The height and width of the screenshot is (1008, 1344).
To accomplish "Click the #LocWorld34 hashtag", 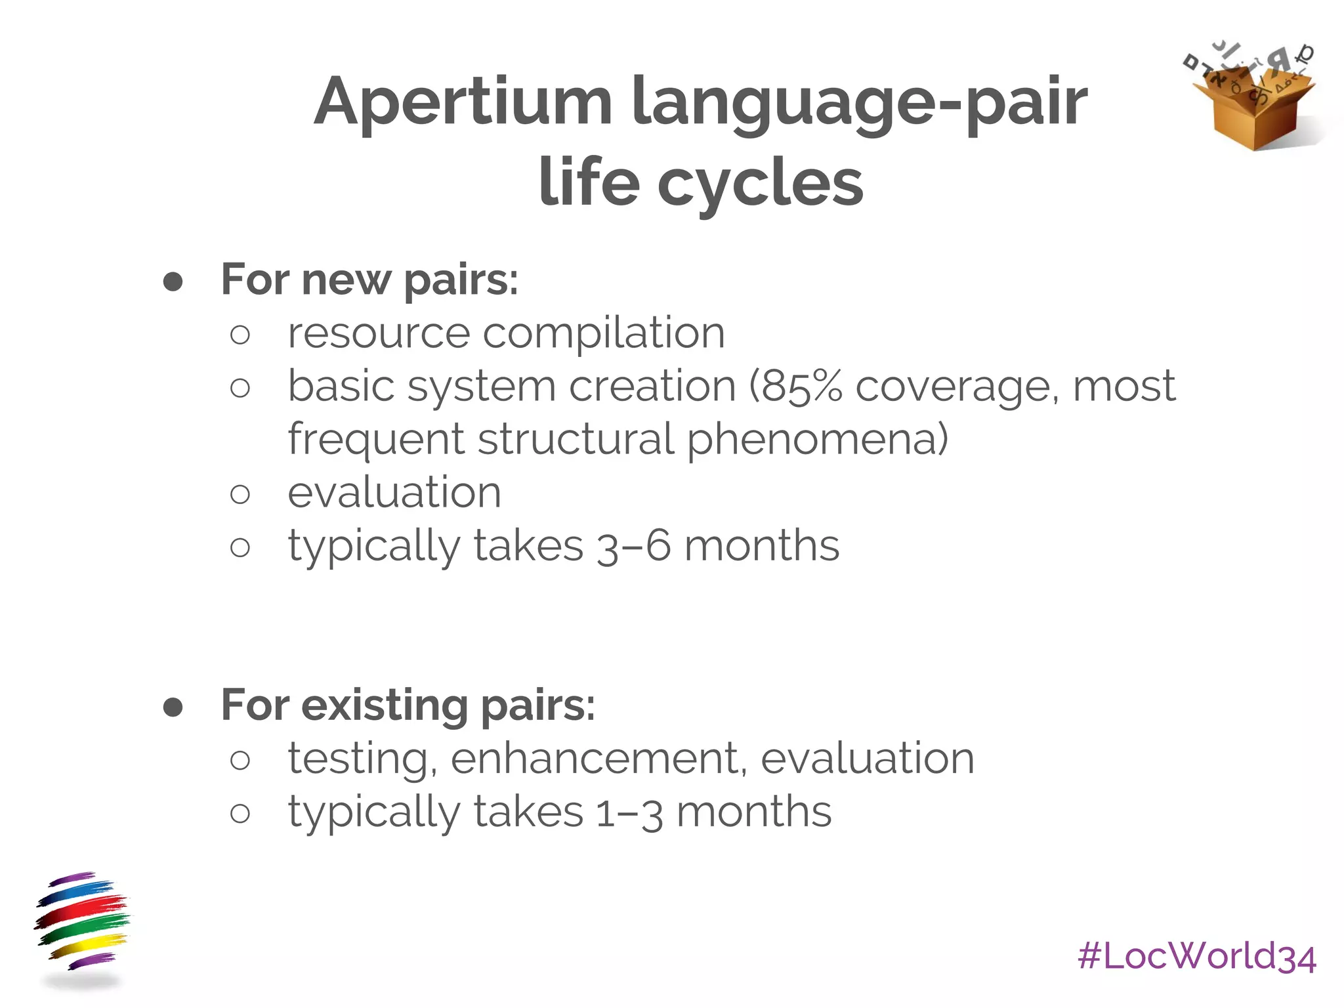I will pos(1196,956).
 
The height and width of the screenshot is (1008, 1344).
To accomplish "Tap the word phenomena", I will pos(817,439).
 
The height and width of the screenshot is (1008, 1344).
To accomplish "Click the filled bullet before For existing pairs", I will pos(173,707).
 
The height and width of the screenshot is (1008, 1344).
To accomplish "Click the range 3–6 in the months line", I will pos(634,546).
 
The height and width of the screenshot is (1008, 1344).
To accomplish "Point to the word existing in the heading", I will pos(385,705).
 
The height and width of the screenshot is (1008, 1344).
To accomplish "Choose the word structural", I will pos(576,439).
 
